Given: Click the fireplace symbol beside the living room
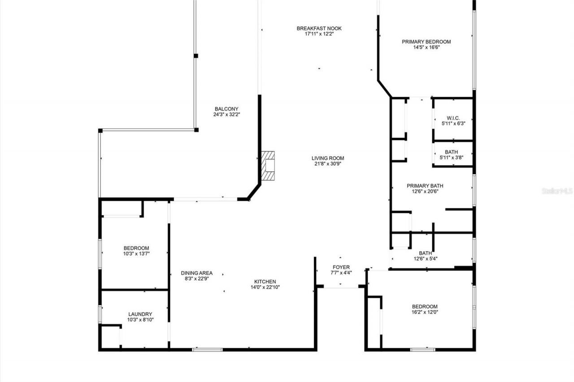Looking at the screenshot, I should [268, 166].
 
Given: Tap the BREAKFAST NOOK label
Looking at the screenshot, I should [319, 29].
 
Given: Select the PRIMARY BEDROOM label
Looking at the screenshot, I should [426, 42].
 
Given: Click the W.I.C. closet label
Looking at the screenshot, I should [453, 118].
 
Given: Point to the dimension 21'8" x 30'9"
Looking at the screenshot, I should [328, 164].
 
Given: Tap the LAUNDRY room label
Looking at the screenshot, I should [140, 314].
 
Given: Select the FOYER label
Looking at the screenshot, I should [341, 267].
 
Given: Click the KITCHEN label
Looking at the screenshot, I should [265, 282].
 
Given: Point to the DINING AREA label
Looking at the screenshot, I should [196, 273].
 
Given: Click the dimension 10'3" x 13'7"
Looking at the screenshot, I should [136, 254].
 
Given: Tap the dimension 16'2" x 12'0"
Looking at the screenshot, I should [424, 312].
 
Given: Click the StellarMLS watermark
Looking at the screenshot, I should [557, 191].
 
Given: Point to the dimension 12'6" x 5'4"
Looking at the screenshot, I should [425, 258].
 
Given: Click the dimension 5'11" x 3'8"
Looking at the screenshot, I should [453, 157].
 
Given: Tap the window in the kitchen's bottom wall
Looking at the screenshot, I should [207, 349].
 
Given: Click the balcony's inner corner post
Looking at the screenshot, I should [196, 130].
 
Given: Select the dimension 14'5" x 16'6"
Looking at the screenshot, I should [426, 47].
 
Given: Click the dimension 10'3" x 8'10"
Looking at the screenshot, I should [140, 320].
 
